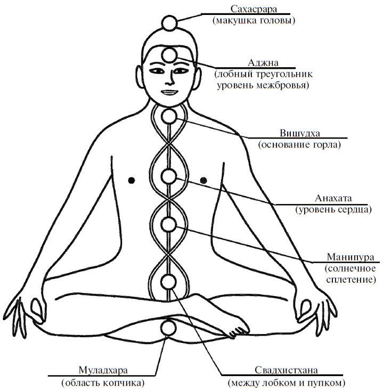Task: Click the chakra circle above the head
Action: (169, 23)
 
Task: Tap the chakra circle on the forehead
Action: (169, 54)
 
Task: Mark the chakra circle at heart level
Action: (169, 176)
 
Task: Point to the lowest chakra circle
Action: (169, 327)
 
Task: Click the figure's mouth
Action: (168, 92)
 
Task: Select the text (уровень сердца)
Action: (333, 210)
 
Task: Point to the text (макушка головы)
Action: (252, 21)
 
